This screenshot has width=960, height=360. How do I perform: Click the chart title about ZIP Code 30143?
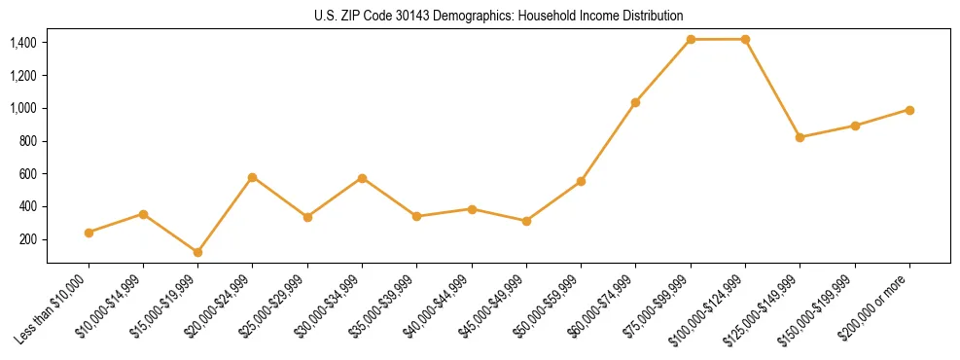coord(499,17)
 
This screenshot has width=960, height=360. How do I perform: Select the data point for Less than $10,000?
coord(89,233)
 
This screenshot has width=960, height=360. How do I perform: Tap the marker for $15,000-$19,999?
coord(197,252)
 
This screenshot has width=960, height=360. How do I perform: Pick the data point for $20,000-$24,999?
coord(252,177)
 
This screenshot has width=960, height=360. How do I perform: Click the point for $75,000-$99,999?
coord(691,39)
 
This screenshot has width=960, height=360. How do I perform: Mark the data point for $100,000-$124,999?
coord(745,39)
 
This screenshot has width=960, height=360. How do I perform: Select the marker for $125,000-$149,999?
coord(800,137)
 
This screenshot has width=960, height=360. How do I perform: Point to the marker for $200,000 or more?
coord(909,110)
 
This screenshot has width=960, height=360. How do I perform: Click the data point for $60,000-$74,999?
coord(635,102)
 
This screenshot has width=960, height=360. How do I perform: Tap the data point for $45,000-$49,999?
coord(526,221)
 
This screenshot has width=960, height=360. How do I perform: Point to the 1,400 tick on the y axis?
coord(23,43)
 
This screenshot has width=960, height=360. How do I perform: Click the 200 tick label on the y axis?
coord(28,239)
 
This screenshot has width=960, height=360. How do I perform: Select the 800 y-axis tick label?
coord(28,141)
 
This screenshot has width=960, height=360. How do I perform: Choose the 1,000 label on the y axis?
coord(23,108)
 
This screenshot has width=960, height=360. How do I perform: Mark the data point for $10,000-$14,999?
coord(143,214)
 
